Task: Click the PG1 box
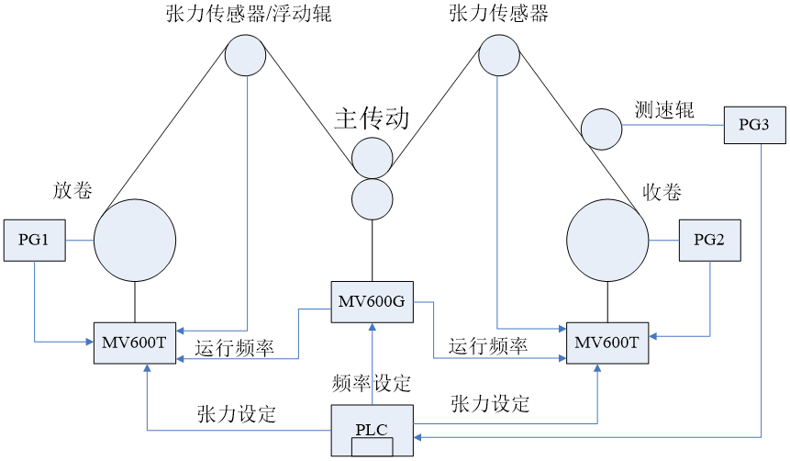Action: (34, 240)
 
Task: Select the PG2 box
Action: (709, 241)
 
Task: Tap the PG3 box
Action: (754, 124)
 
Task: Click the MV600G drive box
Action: (372, 302)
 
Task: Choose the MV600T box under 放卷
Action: (134, 343)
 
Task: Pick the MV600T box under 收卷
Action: (607, 343)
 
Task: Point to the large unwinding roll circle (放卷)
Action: (135, 240)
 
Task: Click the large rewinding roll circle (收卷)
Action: (607, 241)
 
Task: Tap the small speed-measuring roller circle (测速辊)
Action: (601, 129)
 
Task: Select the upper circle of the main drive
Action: (372, 157)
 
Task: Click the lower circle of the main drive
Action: (372, 198)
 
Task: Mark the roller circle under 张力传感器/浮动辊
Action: (245, 55)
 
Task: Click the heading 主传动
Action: (371, 118)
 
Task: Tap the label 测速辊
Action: (664, 110)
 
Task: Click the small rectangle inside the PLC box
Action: (373, 447)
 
